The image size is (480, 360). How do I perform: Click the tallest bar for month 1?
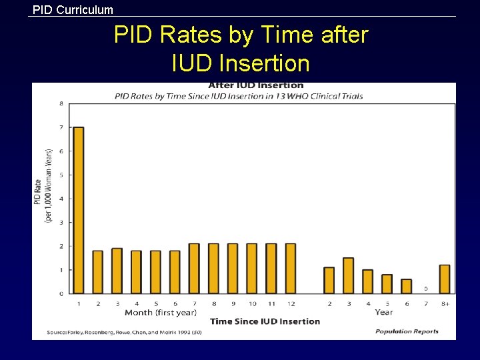(x=78, y=210)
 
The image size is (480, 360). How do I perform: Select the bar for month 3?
(x=117, y=271)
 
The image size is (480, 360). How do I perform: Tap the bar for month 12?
(x=291, y=268)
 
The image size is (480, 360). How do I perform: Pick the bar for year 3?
(x=348, y=275)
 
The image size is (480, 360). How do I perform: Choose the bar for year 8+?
(x=445, y=279)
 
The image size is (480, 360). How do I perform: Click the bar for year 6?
(x=406, y=286)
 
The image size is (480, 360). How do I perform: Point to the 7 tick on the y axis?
(x=61, y=127)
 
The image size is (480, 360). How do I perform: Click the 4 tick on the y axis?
(x=61, y=199)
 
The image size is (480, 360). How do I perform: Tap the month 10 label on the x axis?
(x=252, y=303)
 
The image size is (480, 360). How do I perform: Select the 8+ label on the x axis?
(x=445, y=303)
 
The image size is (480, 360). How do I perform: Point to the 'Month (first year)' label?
(x=161, y=312)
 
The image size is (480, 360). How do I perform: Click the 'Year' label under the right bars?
(x=383, y=312)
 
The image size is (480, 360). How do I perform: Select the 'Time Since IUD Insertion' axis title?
(x=265, y=321)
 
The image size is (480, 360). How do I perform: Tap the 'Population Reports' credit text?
(x=407, y=331)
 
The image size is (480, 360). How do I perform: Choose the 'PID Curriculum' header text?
(x=73, y=9)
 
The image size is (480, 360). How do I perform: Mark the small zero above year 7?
(x=425, y=289)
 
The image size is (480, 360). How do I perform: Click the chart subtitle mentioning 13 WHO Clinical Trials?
(x=239, y=96)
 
